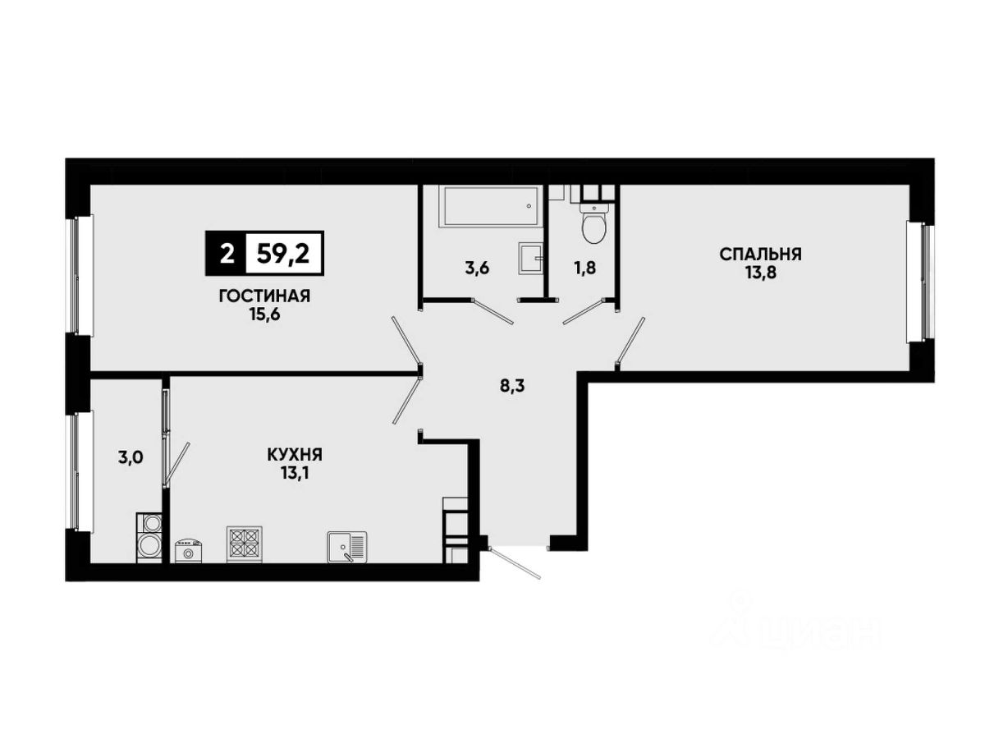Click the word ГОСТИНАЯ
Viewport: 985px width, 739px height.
pos(264,296)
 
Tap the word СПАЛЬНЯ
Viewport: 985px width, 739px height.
pos(760,255)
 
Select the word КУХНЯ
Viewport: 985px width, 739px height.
pos(295,455)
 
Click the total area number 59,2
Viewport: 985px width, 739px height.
pos(283,255)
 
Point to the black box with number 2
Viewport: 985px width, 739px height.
pos(226,253)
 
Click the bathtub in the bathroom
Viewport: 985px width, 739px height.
pos(491,207)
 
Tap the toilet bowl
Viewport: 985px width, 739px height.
pos(594,223)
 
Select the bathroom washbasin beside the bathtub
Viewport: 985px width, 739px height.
pos(531,259)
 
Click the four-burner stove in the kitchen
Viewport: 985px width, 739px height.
pos(244,544)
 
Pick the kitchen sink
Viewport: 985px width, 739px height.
pos(347,547)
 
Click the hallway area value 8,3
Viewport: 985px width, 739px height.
pos(512,386)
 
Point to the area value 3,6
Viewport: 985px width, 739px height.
pos(477,269)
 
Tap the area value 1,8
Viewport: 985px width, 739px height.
pos(584,269)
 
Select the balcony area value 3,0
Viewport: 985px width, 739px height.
pos(131,457)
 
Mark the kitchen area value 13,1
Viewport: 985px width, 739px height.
pos(295,474)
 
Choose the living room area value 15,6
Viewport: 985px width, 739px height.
pos(265,314)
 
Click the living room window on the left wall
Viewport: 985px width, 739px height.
pos(79,276)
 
